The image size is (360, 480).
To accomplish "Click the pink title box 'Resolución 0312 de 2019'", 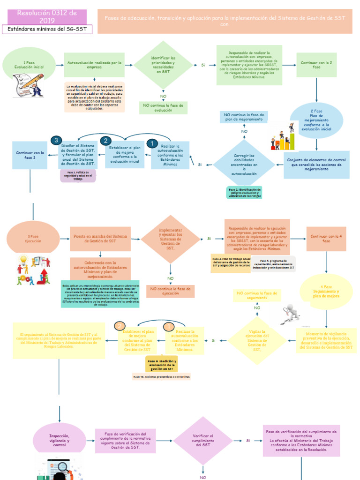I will [x=47, y=16].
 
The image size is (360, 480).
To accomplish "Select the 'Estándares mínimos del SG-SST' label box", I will [x=47, y=30].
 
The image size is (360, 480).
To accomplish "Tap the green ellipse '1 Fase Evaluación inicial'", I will [x=29, y=65].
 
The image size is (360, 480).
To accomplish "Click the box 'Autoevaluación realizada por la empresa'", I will [x=94, y=65].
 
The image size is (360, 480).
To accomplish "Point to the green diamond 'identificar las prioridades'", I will [x=163, y=65].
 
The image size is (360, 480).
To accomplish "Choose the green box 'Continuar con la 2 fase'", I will [x=316, y=65].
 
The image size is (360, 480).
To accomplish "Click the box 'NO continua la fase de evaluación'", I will [x=163, y=108].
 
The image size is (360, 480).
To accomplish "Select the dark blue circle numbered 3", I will [x=56, y=140].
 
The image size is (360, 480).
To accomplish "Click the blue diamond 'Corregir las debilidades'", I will [x=244, y=165].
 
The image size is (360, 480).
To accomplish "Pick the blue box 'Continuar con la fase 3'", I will [x=30, y=155].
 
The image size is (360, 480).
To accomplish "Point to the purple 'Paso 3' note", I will [x=78, y=176].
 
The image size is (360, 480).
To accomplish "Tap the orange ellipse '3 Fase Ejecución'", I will [x=33, y=239].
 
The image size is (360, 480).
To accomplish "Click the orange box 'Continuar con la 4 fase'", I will [x=326, y=239].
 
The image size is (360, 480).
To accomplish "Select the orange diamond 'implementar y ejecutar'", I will [x=170, y=239].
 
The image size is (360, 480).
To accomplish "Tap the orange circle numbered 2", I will [x=120, y=326].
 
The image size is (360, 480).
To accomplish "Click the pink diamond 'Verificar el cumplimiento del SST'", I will [x=203, y=441].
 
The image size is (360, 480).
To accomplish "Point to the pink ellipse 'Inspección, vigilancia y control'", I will [x=60, y=440].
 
